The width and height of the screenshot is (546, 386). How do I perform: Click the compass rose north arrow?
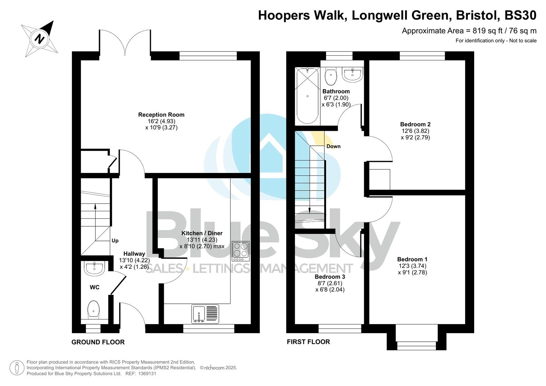(x=40, y=38)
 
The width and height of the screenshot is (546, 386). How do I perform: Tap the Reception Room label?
(x=161, y=115)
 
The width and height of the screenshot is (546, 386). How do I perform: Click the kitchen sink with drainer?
(x=205, y=314)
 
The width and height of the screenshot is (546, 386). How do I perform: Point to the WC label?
(x=94, y=287)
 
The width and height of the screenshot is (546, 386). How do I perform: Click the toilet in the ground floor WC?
(x=93, y=310)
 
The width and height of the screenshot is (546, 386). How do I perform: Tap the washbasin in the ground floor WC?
(x=94, y=268)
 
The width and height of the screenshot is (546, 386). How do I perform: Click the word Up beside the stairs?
(x=115, y=241)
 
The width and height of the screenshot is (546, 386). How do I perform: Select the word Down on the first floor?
(x=333, y=146)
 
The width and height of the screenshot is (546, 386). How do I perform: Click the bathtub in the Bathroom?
(x=308, y=96)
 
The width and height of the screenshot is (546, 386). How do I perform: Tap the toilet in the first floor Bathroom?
(x=331, y=75)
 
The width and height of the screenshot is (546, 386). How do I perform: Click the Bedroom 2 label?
(x=415, y=124)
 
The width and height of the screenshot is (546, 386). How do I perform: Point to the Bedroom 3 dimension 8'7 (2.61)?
(x=330, y=283)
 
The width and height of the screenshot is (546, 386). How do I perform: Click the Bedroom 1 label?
(x=412, y=259)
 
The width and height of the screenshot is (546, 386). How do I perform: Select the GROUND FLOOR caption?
(x=98, y=342)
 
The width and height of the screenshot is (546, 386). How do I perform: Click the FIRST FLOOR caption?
(x=308, y=342)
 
